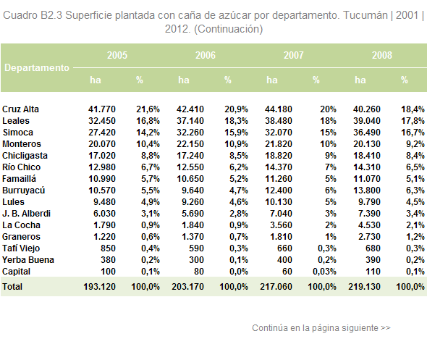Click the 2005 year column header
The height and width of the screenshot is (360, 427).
tap(117, 55)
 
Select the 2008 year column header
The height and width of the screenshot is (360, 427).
tap(382, 55)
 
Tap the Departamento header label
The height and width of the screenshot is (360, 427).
tap(37, 67)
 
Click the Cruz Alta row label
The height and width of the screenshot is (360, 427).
tap(20, 109)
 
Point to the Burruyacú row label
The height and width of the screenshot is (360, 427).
tap(23, 191)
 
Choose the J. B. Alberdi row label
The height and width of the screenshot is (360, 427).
tap(26, 214)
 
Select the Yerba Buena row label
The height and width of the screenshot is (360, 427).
tap(28, 260)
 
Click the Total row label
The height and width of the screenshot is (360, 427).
tap(12, 287)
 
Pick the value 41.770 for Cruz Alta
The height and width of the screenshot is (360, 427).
tap(102, 109)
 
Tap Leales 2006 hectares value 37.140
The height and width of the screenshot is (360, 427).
tap(190, 121)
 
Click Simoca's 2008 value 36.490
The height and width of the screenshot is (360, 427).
tap(367, 133)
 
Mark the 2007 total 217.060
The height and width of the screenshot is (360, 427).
tap(276, 287)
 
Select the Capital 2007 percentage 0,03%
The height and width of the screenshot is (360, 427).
tap(324, 272)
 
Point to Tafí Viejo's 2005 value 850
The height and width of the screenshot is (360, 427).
tap(108, 248)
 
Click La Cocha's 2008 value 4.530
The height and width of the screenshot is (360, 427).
tap(369, 225)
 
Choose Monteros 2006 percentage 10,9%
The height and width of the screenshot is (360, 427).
tap(236, 144)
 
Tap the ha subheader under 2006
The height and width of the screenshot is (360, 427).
tap(184, 80)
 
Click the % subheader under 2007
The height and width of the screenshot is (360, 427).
tap(316, 80)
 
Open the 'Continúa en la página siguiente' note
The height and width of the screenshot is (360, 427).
tap(321, 328)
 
